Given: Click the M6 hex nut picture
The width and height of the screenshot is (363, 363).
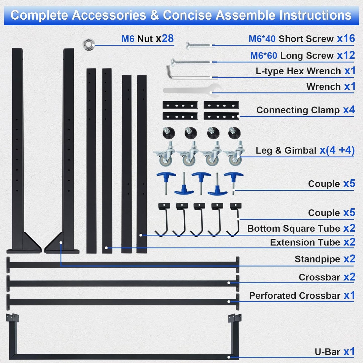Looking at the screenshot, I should [x=88, y=45].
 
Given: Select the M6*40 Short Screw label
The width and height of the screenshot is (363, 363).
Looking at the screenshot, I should [x=291, y=39].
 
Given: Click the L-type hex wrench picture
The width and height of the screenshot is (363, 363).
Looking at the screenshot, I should [x=188, y=73].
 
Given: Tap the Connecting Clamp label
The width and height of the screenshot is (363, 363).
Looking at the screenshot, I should [x=298, y=110].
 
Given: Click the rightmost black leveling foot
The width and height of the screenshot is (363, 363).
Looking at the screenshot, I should [x=234, y=133].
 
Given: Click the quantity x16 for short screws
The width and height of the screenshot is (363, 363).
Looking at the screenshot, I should [x=346, y=39].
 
